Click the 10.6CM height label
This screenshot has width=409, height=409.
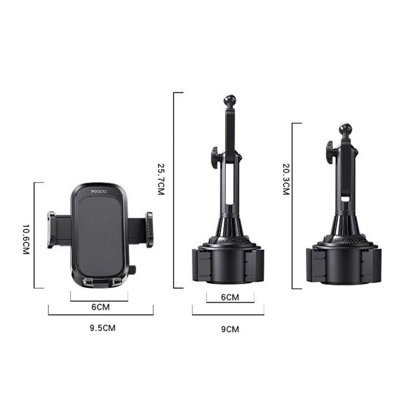click(26, 239)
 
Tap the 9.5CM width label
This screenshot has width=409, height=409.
click(102, 328)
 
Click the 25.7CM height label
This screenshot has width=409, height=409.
click(161, 179)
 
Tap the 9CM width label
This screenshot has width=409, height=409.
click(229, 329)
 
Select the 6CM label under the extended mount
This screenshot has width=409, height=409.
click(230, 297)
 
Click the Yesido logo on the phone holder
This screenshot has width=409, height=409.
click(101, 192)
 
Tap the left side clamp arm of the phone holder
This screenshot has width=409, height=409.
click(52, 229)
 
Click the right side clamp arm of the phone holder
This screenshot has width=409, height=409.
click(149, 229)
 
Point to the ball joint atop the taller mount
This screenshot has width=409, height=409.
click(229, 101)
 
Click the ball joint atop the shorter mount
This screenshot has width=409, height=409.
click(346, 130)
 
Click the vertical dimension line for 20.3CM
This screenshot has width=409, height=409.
click(293, 206)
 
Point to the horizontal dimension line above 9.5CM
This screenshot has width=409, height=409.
click(101, 314)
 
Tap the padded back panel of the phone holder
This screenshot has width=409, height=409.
click(99, 234)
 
